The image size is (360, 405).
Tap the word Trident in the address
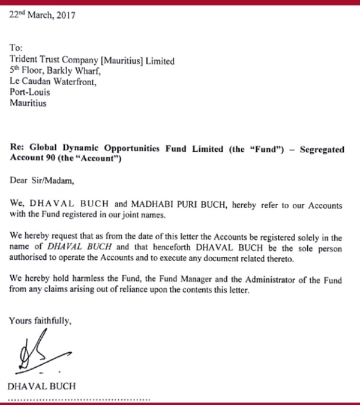pos(26,61)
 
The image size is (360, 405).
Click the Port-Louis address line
pos(30,92)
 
